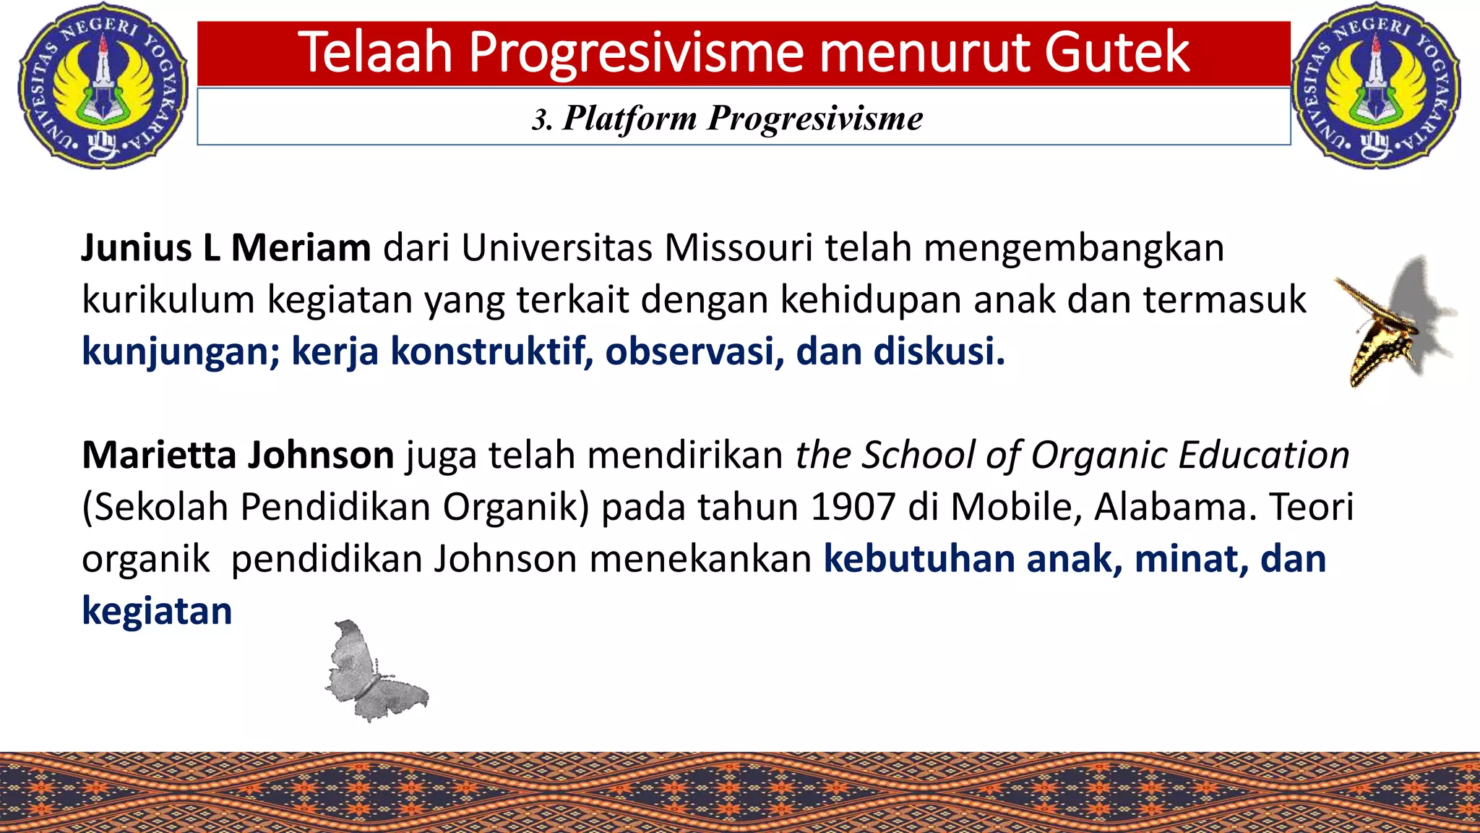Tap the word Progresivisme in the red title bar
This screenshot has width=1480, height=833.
(636, 53)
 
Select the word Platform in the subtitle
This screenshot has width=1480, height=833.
(629, 118)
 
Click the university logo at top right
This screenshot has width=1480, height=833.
(1376, 85)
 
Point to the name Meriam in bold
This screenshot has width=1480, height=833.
(300, 248)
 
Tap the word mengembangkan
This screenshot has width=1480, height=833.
(1074, 248)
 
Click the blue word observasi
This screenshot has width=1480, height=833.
(694, 352)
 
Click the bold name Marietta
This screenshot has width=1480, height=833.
(159, 456)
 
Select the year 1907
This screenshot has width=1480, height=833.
(853, 507)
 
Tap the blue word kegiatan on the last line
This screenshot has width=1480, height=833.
(157, 612)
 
